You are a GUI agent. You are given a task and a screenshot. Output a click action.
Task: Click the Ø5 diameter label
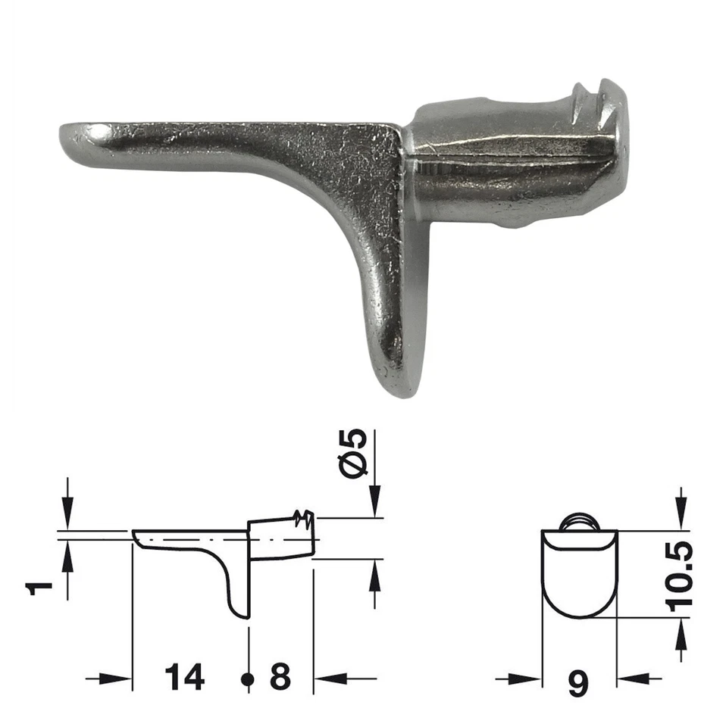click(354, 453)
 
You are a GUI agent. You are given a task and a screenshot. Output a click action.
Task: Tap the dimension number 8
click(280, 677)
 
